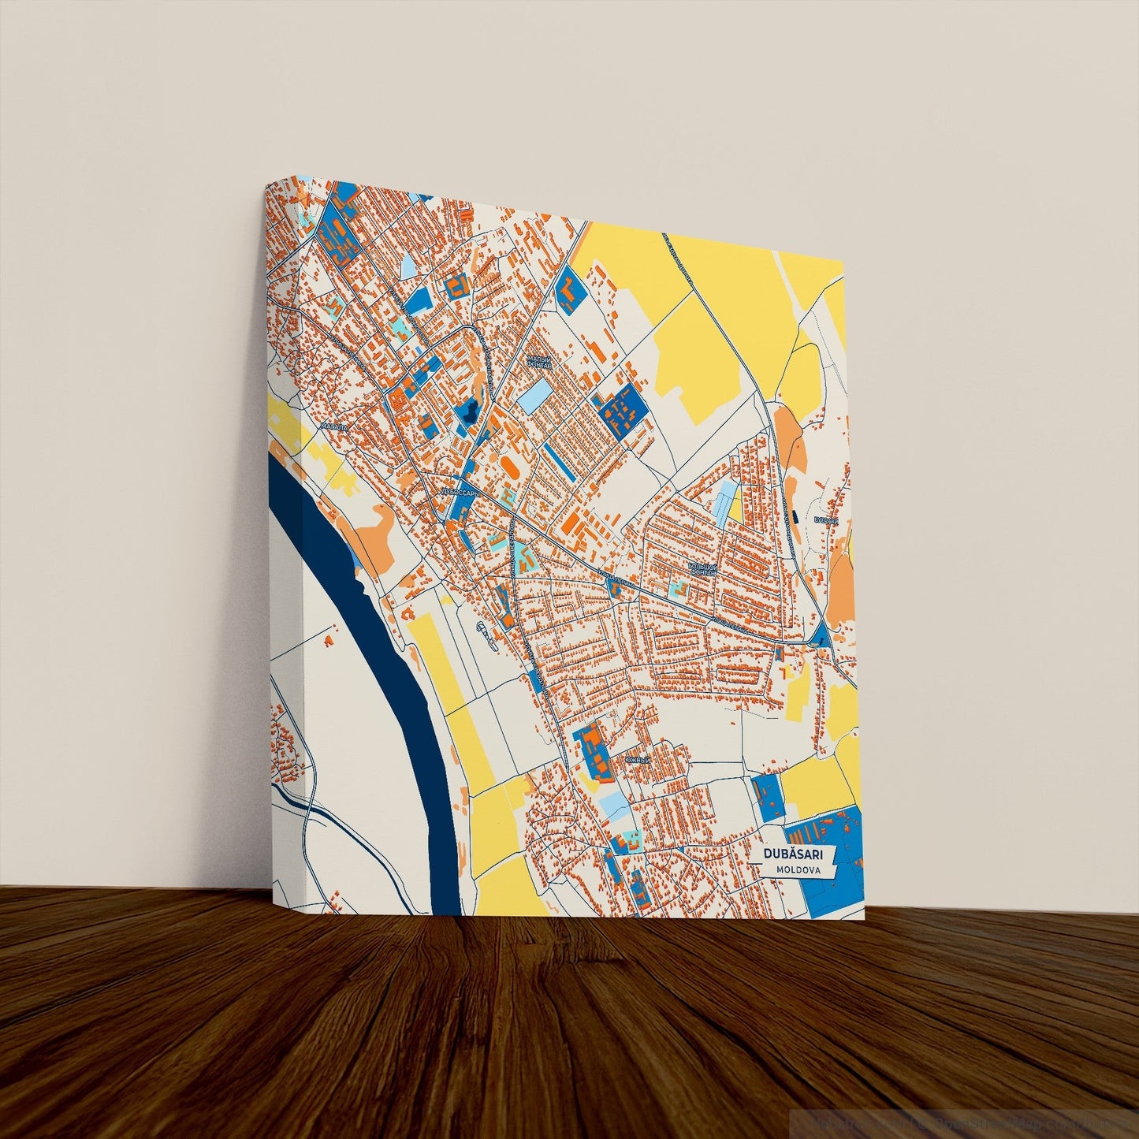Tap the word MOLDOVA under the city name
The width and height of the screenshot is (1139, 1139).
(797, 870)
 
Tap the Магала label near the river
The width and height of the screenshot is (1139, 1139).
(333, 426)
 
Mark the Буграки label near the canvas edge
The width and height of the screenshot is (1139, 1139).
(825, 520)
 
